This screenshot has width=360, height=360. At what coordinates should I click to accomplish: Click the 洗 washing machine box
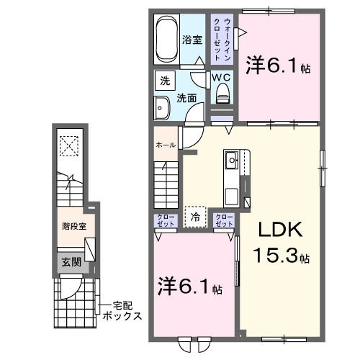pyautogui.click(x=166, y=81)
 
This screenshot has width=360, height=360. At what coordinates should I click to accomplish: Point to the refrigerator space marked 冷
pyautogui.click(x=194, y=215)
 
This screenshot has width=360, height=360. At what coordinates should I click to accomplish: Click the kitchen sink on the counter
pyautogui.click(x=232, y=160)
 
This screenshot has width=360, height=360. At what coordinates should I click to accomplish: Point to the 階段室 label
pyautogui.click(x=72, y=225)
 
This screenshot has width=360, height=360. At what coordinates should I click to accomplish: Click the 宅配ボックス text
pyautogui.click(x=120, y=311)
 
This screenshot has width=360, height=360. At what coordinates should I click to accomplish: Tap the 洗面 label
pyautogui.click(x=188, y=99)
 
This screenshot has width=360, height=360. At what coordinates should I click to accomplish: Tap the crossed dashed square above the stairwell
pyautogui.click(x=70, y=146)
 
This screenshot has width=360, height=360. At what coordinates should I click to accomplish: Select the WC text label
pyautogui.click(x=220, y=76)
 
